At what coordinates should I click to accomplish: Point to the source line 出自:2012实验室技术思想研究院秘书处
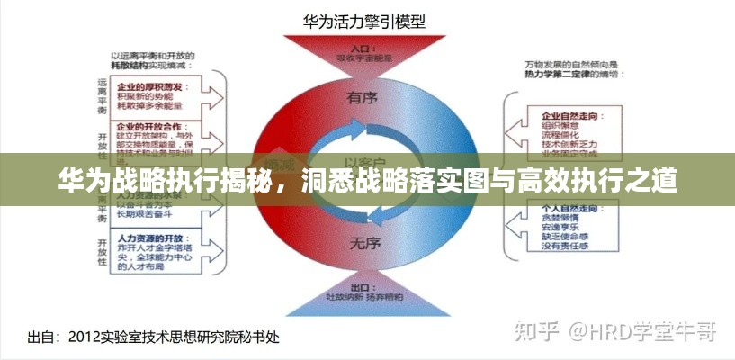(x=154, y=337)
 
